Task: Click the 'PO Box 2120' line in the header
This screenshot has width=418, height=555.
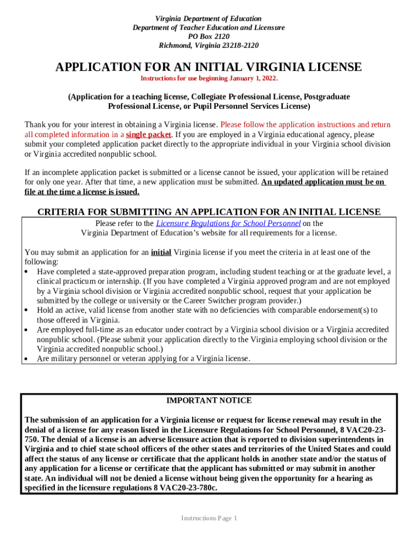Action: click(x=208, y=36)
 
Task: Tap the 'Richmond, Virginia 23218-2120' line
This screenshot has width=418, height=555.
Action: click(x=208, y=46)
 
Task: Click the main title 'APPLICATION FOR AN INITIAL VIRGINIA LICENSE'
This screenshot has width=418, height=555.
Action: click(x=208, y=67)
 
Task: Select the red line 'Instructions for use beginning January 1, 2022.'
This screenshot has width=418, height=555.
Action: click(x=209, y=79)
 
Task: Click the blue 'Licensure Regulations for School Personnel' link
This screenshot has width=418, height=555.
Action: click(x=228, y=223)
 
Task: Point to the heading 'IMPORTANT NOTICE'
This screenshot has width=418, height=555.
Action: click(x=208, y=401)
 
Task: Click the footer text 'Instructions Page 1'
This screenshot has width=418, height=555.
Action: click(x=209, y=518)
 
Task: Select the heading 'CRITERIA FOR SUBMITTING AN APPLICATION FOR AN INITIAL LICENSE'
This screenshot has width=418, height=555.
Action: click(x=209, y=212)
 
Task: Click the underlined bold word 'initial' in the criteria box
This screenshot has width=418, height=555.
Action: click(x=161, y=252)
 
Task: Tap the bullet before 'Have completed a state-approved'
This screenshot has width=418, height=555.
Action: click(x=27, y=272)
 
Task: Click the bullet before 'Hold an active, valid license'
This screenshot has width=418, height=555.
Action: click(x=27, y=310)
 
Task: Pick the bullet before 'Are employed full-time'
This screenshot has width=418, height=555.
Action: click(x=27, y=330)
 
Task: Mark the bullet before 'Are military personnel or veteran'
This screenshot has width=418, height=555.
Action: click(x=27, y=359)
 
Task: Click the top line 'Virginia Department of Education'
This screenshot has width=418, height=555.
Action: click(x=208, y=18)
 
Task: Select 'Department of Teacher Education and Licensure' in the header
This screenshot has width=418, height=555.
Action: click(x=208, y=28)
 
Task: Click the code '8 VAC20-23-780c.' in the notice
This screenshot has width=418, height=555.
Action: click(x=185, y=488)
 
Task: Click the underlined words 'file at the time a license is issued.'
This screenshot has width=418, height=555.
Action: click(x=82, y=192)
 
